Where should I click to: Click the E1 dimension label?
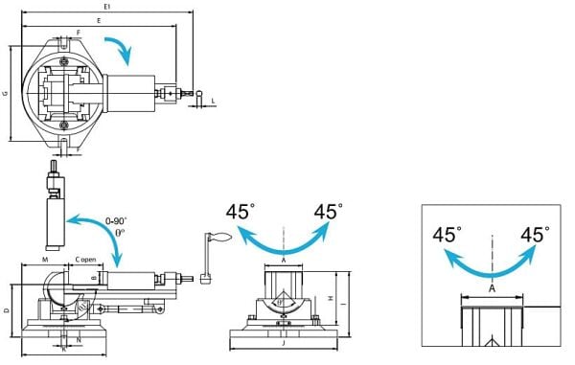pyautogui.click(x=107, y=6)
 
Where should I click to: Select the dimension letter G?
pyautogui.click(x=6, y=93)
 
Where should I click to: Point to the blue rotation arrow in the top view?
pyautogui.click(x=119, y=48)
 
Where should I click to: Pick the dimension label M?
pyautogui.click(x=45, y=261)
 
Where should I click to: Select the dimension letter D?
pyautogui.click(x=6, y=311)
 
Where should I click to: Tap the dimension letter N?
pyautogui.click(x=78, y=339)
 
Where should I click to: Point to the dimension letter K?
pyautogui.click(x=63, y=350)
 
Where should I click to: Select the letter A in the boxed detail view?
pyautogui.click(x=492, y=286)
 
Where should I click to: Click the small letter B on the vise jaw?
pyautogui.click(x=93, y=278)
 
